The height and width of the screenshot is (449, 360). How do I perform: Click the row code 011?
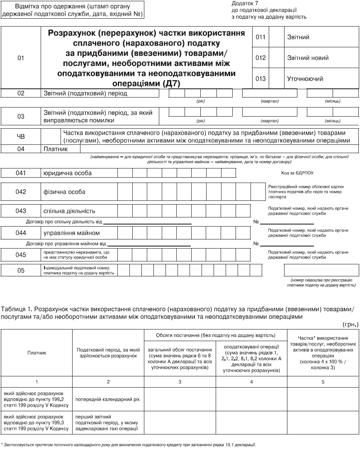(260, 37)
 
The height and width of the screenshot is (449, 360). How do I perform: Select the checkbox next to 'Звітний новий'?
(276, 58)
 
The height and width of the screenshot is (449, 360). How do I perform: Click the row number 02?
(21, 93)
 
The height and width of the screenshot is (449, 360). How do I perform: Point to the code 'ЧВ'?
(21, 136)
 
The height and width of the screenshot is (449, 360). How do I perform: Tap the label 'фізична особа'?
(65, 192)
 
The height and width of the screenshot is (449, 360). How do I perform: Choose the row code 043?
(21, 211)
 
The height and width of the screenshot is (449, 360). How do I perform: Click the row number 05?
(21, 271)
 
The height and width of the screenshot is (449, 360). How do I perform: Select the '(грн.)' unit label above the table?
(350, 325)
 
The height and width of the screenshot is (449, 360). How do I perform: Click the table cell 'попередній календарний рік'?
(107, 399)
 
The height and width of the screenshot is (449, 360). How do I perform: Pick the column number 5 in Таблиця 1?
(323, 381)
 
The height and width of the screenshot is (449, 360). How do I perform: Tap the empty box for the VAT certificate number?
(319, 270)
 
